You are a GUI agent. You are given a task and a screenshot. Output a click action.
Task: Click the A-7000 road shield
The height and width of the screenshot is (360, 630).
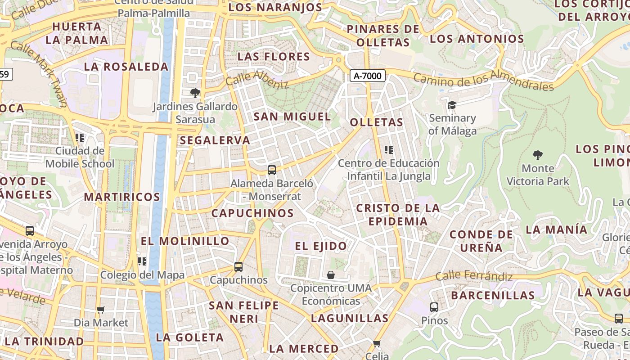pos(368,76)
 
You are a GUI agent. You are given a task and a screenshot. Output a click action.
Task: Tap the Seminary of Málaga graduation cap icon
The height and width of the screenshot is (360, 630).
pos(451,105)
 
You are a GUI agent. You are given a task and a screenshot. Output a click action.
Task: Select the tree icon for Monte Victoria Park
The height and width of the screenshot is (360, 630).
pos(537,155)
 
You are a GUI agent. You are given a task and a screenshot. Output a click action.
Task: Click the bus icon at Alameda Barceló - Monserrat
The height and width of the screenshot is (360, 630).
pos(271,170)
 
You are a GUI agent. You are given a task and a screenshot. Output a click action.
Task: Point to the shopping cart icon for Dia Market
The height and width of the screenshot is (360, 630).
pos(101,310)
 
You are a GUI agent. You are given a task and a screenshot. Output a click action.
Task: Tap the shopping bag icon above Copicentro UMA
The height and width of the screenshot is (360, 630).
pos(331,274)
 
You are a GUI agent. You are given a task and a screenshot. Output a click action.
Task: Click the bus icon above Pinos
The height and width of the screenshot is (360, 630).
pos(434,307)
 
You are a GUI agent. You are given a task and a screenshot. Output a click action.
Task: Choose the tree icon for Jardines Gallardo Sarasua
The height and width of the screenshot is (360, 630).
pos(195,93)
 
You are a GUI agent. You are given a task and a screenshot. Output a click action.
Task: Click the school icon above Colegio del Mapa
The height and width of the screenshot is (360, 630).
pos(142,261)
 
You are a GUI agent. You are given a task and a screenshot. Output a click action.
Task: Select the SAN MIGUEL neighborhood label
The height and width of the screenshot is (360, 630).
pos(292,117)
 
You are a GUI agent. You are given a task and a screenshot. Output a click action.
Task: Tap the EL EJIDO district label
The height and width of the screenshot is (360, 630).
pos(321,246)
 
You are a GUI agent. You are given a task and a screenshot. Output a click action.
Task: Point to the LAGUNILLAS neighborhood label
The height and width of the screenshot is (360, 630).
pos(350,318)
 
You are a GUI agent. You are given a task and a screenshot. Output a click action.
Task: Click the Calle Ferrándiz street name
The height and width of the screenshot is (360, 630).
pos(474,275)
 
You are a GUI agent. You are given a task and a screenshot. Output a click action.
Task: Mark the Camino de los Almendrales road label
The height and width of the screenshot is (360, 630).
pos(483,80)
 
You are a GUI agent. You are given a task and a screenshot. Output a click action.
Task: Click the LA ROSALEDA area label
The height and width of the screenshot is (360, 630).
pos(126,67)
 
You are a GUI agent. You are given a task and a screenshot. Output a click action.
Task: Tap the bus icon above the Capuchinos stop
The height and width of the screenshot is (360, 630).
pos(238,266)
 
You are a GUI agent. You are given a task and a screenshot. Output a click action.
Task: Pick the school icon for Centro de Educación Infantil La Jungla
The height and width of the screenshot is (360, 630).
pos(389,150)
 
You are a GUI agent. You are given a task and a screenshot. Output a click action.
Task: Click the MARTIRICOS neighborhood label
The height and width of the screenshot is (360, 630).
pos(122,197)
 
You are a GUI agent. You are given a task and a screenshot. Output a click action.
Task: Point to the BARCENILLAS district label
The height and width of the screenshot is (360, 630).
pos(493,296)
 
